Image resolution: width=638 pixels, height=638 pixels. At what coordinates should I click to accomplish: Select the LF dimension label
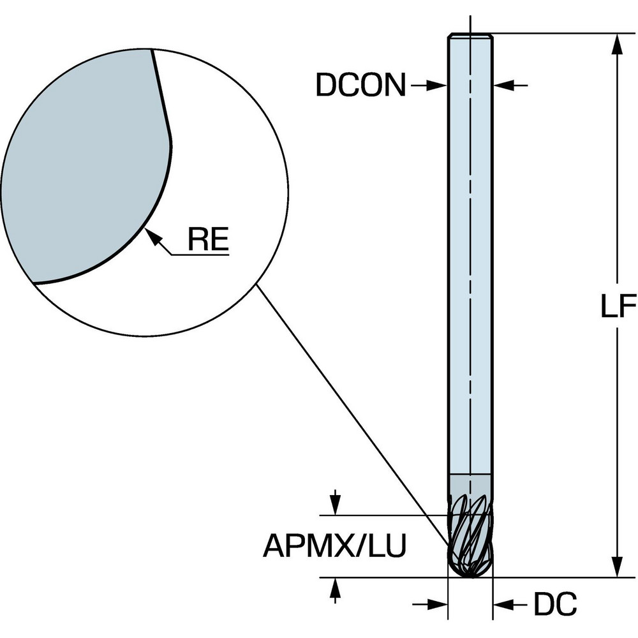point(618,308)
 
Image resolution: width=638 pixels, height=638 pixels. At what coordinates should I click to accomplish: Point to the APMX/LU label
point(334,546)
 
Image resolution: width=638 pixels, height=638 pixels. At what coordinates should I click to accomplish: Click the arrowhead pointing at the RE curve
point(152,235)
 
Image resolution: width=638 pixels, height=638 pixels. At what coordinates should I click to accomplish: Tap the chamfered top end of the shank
point(470,36)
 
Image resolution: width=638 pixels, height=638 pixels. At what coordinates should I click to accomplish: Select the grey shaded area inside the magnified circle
point(83,166)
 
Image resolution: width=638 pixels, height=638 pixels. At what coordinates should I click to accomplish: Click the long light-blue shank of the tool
point(470,255)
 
